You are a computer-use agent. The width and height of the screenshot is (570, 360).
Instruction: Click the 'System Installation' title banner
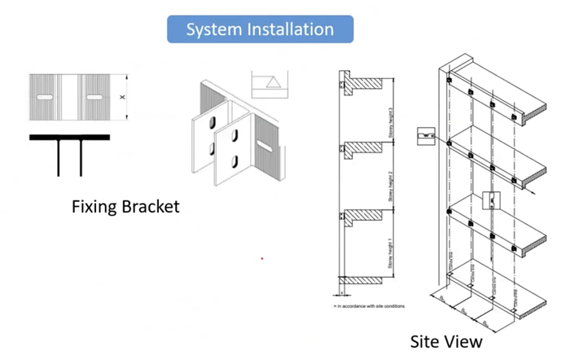pyautogui.click(x=260, y=29)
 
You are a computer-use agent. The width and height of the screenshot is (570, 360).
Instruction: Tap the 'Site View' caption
pyautogui.click(x=445, y=341)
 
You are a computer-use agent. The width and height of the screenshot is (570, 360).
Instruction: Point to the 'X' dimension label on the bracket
pyautogui.click(x=122, y=97)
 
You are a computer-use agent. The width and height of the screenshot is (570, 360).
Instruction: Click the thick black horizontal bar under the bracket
pyautogui.click(x=70, y=138)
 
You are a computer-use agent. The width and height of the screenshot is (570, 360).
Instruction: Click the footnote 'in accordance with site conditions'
pyautogui.click(x=370, y=306)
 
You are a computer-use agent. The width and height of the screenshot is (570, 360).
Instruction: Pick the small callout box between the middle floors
pyautogui.click(x=491, y=200)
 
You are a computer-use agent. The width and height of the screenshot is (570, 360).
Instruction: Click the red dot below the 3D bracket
pyautogui.click(x=261, y=259)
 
